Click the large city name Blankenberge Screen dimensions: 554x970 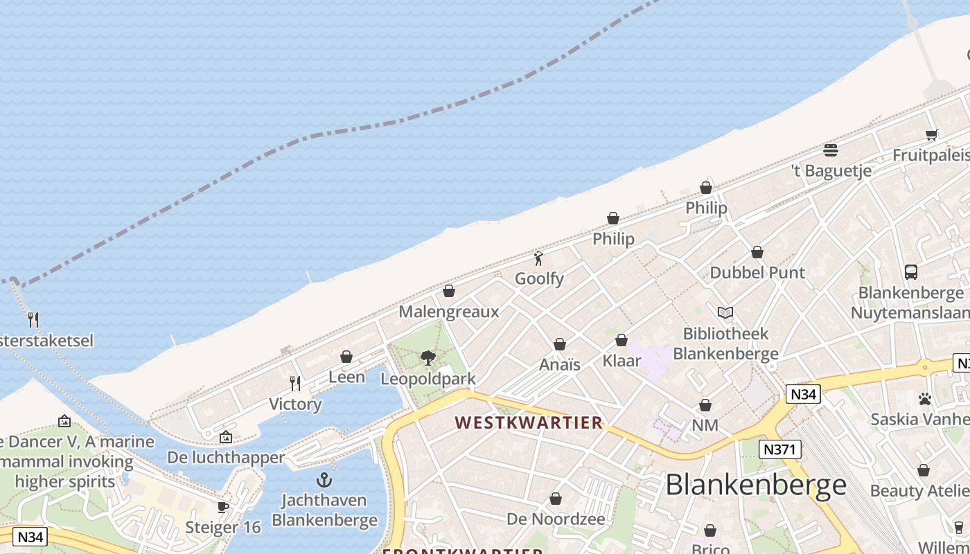[756, 485]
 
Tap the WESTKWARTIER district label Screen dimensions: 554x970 [529, 422]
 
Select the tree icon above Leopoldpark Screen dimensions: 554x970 [428, 357]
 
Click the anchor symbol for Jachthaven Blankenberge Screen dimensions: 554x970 [324, 479]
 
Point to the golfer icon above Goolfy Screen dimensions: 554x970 [538, 258]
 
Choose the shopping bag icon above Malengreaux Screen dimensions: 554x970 [449, 291]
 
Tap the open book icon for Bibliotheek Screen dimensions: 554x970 [725, 313]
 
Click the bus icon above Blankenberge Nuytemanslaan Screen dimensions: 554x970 [911, 272]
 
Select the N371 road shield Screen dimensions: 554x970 [779, 449]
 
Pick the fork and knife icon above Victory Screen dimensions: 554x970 [295, 383]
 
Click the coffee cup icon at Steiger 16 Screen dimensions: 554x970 [223, 507]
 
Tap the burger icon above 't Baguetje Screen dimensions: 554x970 [831, 150]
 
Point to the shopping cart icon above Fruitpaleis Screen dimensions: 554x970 [932, 134]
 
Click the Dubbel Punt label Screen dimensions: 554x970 [757, 273]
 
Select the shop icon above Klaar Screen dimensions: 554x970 [621, 340]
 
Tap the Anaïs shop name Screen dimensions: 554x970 [560, 364]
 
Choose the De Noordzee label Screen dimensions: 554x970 [556, 519]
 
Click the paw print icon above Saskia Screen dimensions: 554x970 [924, 399]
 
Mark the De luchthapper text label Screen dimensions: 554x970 [226, 458]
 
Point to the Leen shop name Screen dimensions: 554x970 [346, 377]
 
